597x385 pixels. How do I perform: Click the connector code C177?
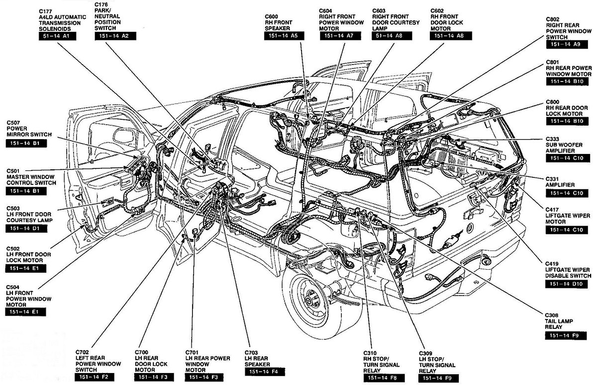pyautogui.click(x=45, y=11)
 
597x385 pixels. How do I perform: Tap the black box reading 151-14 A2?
pyautogui.click(x=115, y=36)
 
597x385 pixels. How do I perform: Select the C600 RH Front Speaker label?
pyautogui.click(x=279, y=22)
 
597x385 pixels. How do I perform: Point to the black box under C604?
pyautogui.click(x=340, y=36)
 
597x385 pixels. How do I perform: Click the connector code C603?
pyautogui.click(x=379, y=11)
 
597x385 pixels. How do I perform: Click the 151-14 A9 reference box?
pyautogui.click(x=567, y=44)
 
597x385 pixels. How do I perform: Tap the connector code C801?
pyautogui.click(x=553, y=62)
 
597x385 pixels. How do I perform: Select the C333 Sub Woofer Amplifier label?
pyautogui.click(x=560, y=145)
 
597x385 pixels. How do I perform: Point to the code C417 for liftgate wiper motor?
pyautogui.click(x=552, y=210)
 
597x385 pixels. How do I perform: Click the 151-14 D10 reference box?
pyautogui.click(x=566, y=284)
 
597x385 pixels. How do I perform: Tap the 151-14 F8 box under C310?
pyautogui.click(x=384, y=378)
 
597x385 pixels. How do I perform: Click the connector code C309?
pyautogui.click(x=425, y=353)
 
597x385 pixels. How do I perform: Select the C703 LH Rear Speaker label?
pyautogui.click(x=257, y=358)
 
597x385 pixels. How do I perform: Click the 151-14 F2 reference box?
pyautogui.click(x=95, y=377)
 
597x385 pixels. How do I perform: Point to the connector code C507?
pyautogui.click(x=13, y=123)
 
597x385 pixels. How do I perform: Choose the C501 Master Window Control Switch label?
pyautogui.click(x=31, y=177)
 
